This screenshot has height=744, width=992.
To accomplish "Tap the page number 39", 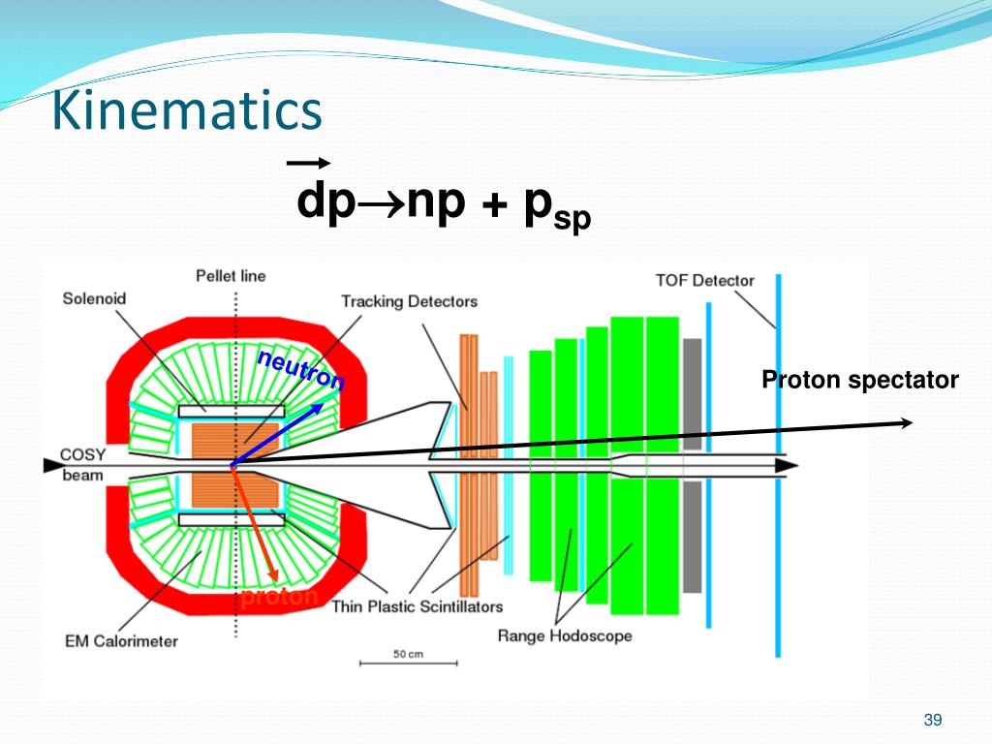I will point(933,720).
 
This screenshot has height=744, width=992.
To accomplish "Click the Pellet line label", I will point(231,277).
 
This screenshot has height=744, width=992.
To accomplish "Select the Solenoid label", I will point(94,298).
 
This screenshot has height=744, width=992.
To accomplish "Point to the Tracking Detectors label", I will point(409,302).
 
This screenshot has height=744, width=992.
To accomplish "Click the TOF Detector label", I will point(704,281).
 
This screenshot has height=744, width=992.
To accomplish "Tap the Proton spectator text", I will point(859,381).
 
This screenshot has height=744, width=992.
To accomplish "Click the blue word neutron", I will point(300,370).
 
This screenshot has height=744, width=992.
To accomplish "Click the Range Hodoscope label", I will point(564,636).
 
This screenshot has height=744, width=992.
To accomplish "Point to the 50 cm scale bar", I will point(408,662).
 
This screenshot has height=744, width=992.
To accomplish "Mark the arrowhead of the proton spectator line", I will point(908,422).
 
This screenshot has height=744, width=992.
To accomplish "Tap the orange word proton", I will point(279,597).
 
